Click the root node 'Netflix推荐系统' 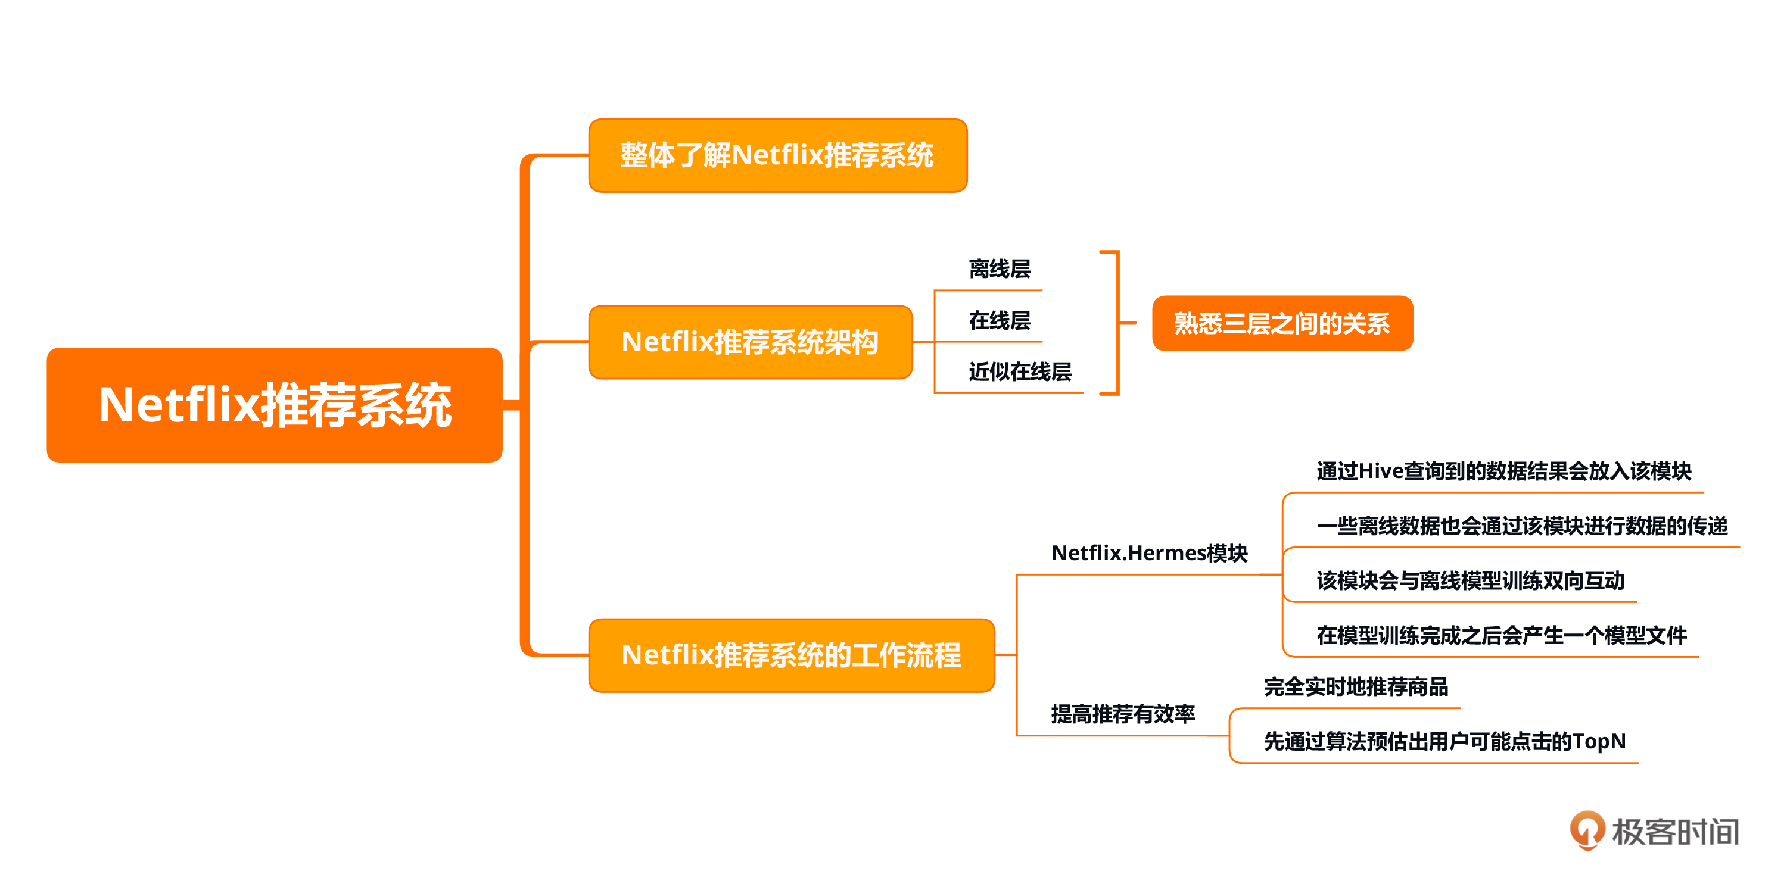coord(275,405)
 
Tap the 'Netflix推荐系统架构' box coord(750,342)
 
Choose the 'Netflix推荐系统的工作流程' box coord(791,655)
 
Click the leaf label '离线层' coord(999,269)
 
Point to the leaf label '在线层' coord(999,320)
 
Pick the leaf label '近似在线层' coord(1019,371)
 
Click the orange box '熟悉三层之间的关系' coord(1282,323)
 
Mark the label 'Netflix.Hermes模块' coord(1149,552)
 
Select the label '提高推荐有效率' coord(1122,714)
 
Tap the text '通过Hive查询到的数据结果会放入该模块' coord(1503,471)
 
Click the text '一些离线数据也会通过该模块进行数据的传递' coord(1521,526)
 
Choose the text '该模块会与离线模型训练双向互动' coord(1470,580)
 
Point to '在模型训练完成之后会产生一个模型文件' coord(1501,635)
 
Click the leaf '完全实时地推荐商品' coord(1356,686)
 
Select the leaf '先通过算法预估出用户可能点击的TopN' coord(1444,741)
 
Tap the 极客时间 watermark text coord(1674,832)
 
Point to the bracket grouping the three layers coord(1117,323)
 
